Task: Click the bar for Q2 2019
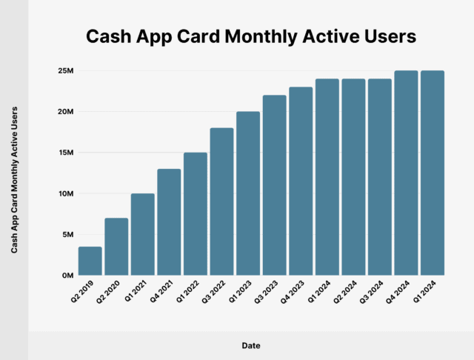(x=90, y=261)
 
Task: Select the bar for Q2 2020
(x=116, y=247)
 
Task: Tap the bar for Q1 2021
(x=143, y=234)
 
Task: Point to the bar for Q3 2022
(x=221, y=201)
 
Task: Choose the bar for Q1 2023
(x=248, y=193)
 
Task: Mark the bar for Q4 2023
(x=301, y=181)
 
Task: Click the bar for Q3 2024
(x=379, y=177)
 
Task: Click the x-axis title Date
(x=250, y=345)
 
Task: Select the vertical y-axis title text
(x=15, y=179)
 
